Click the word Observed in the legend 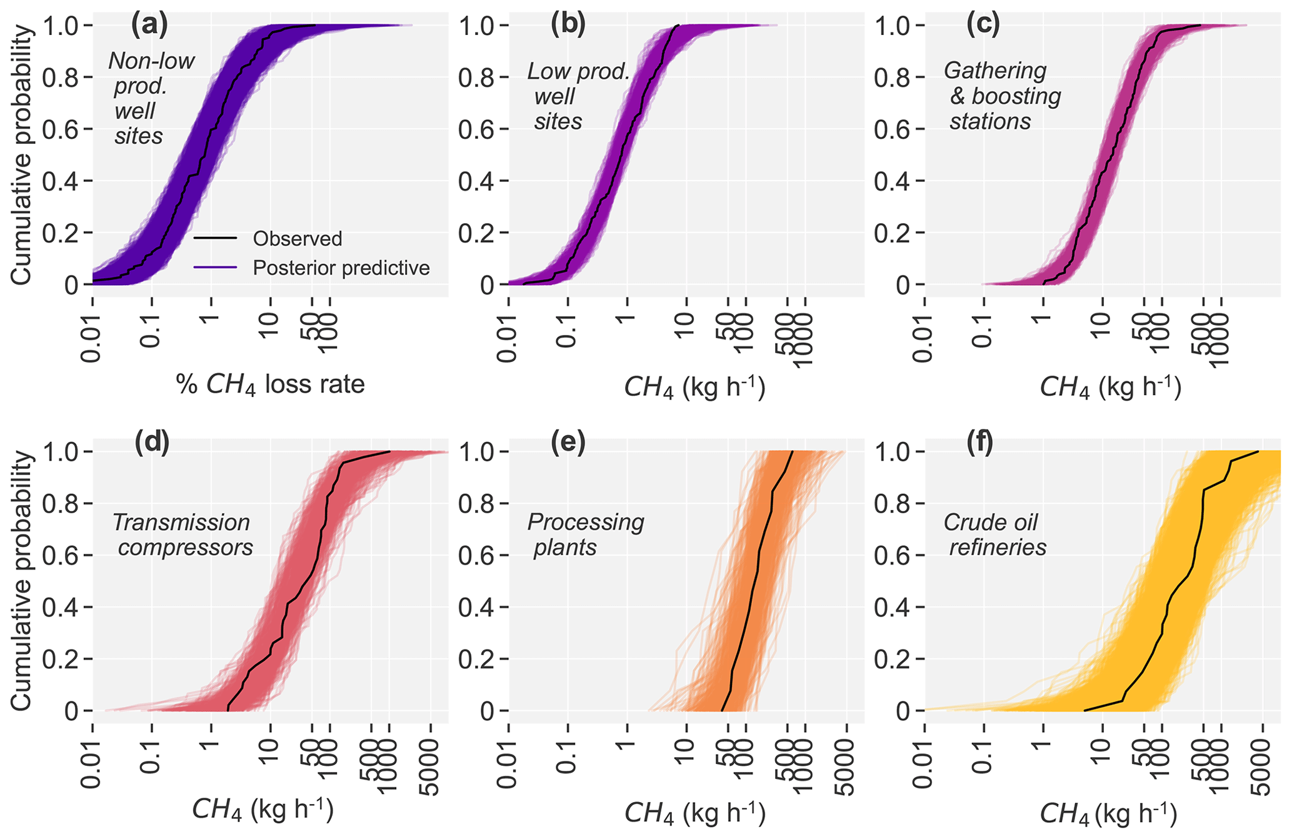(x=298, y=239)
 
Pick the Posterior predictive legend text (x=341, y=268)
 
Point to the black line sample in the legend (x=215, y=238)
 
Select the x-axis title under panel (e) (x=694, y=813)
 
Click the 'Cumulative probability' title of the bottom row (x=21, y=581)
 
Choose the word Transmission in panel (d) (x=181, y=522)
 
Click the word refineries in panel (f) (x=998, y=548)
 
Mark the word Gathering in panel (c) (x=995, y=71)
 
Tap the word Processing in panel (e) (x=586, y=522)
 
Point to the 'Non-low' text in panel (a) (x=152, y=61)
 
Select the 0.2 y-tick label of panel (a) (x=62, y=233)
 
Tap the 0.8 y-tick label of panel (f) (x=894, y=504)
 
